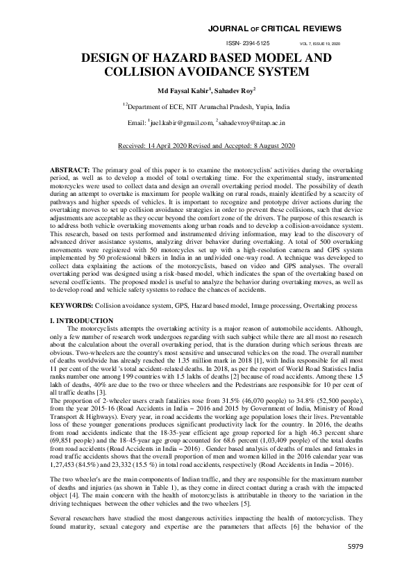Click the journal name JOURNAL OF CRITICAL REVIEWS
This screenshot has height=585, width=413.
pyautogui.click(x=280, y=28)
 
